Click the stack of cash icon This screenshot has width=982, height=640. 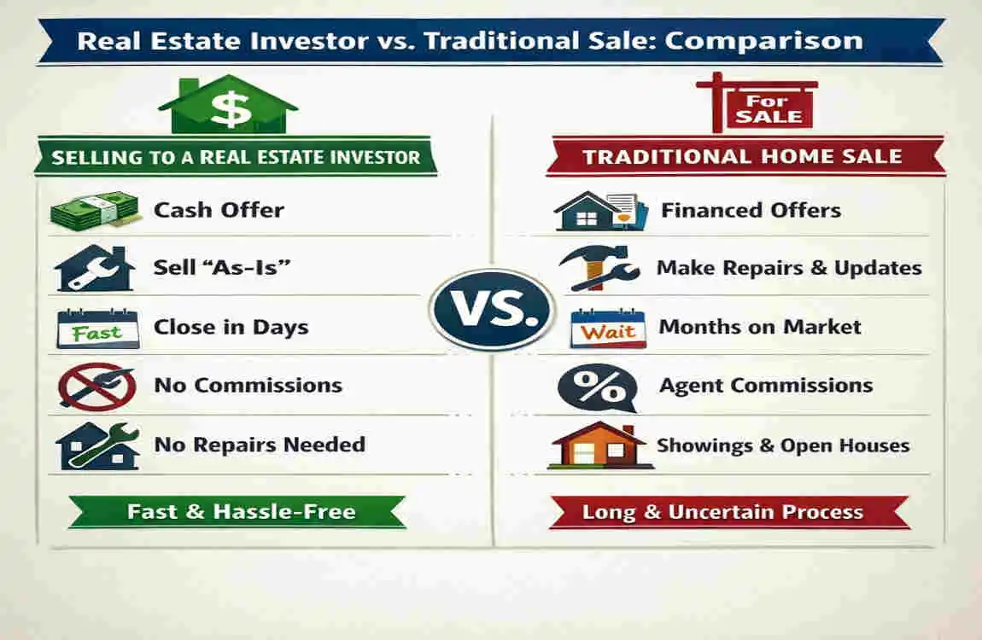94,210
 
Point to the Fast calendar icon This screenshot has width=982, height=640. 96,329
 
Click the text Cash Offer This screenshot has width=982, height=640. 219,210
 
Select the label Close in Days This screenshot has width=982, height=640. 231,327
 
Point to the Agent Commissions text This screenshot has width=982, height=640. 766,386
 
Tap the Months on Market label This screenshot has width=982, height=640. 760,327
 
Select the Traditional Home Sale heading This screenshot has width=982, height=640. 742,157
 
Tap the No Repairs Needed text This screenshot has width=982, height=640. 260,444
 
